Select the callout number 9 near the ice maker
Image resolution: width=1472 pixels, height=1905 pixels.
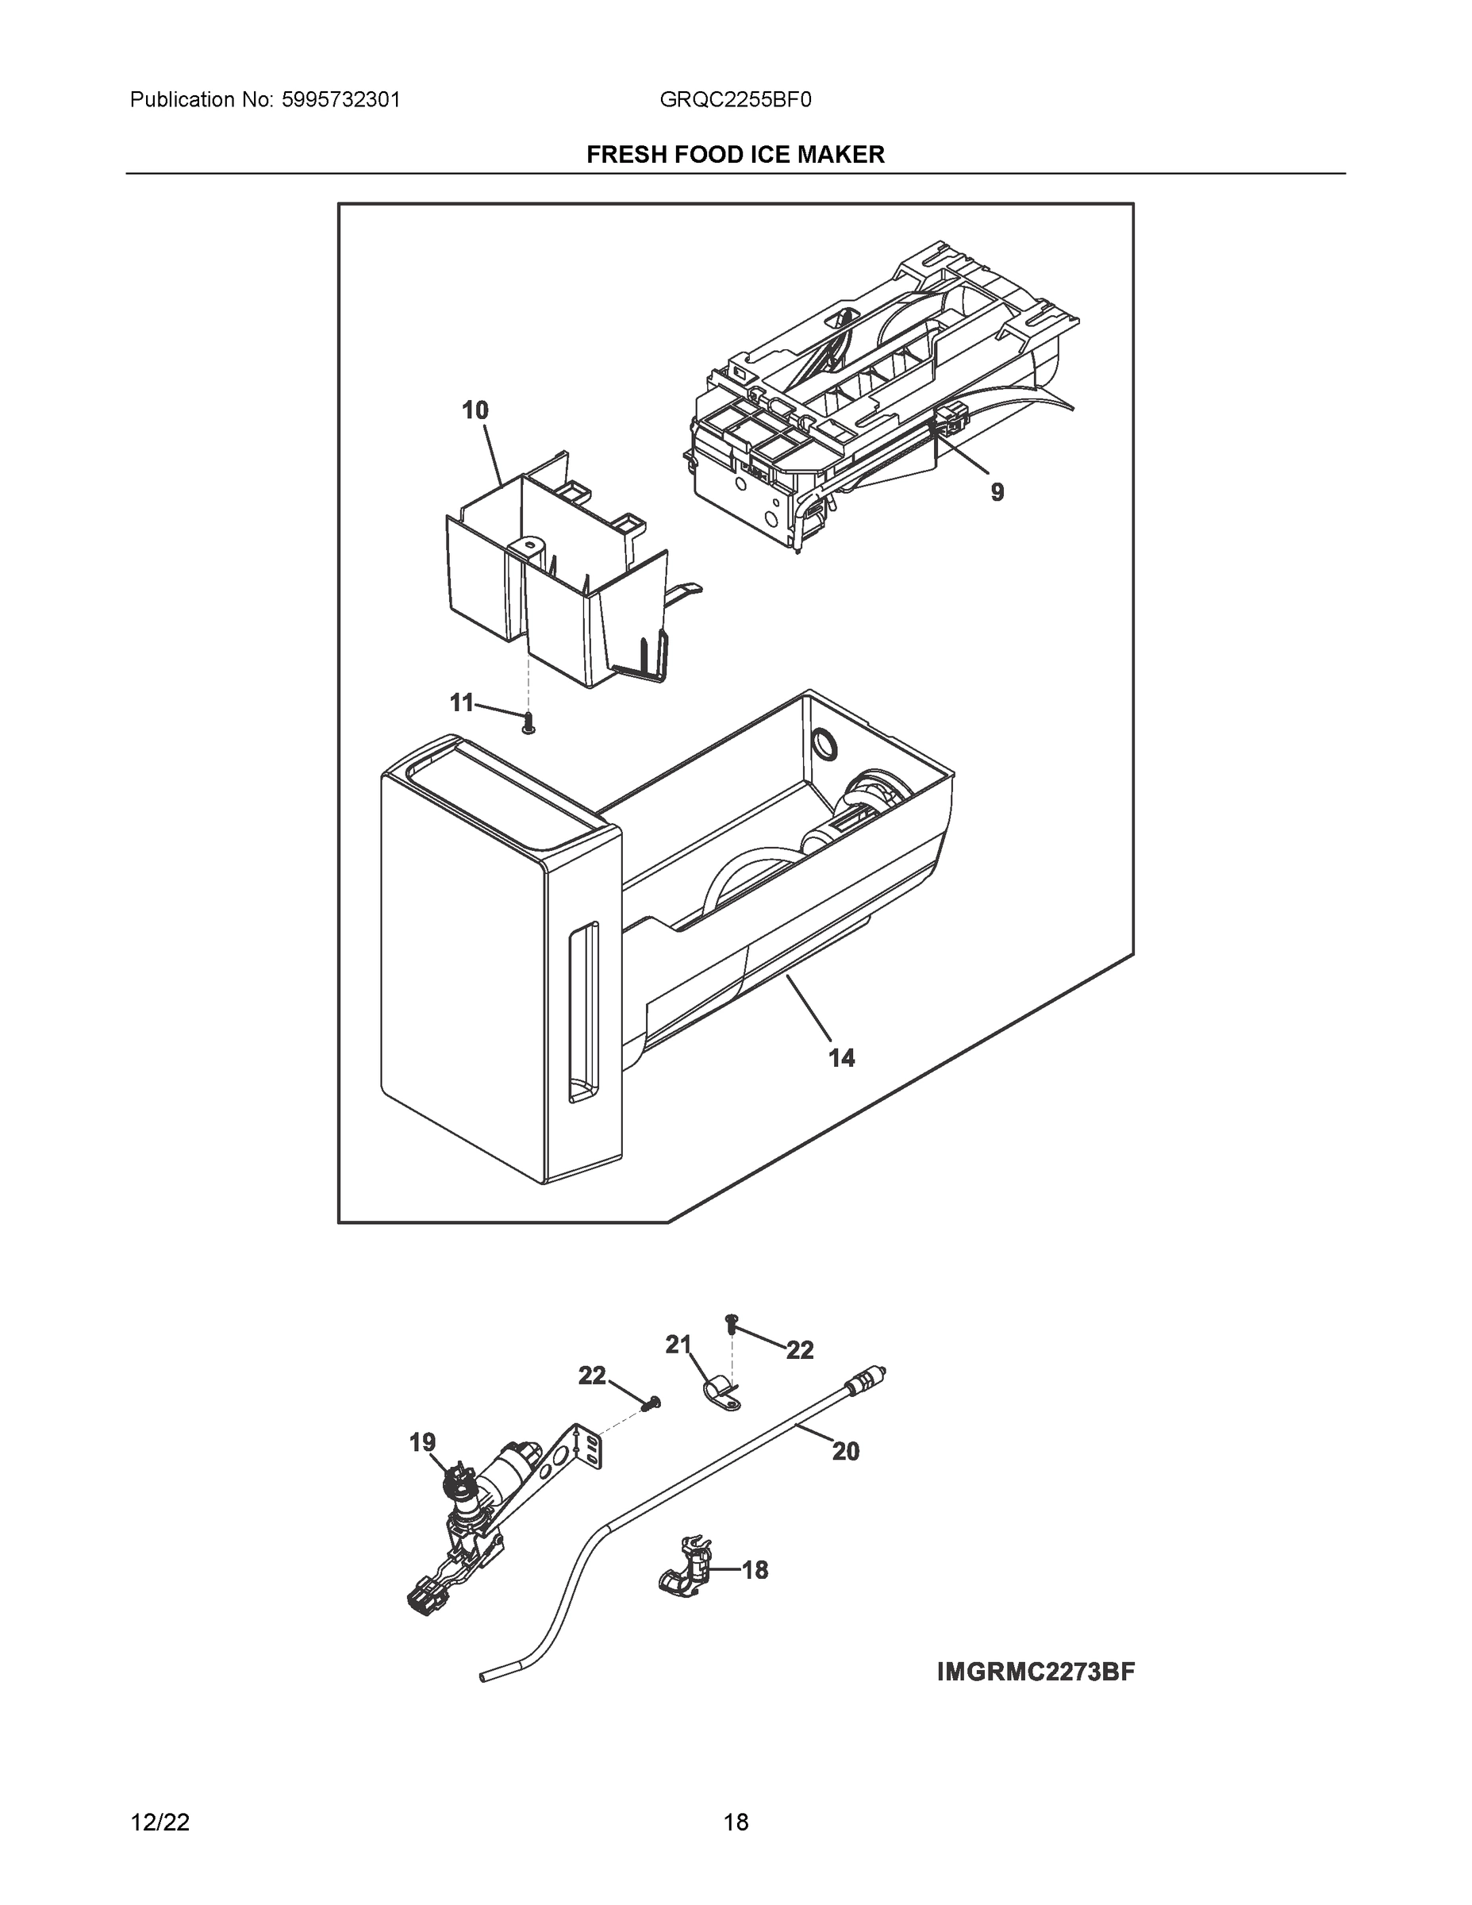point(997,493)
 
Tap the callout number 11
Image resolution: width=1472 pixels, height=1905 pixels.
point(461,702)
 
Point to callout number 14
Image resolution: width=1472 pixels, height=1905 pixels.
point(841,1058)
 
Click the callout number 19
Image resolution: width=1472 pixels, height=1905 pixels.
point(423,1443)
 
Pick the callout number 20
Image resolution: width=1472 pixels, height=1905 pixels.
point(845,1452)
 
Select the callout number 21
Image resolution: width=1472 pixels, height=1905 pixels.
point(678,1345)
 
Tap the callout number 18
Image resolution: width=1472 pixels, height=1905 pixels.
point(755,1570)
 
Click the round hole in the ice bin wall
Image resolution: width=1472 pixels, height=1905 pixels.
point(822,744)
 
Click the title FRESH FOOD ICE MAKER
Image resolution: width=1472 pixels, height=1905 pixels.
point(735,155)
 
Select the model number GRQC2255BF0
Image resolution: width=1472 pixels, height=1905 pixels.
point(735,100)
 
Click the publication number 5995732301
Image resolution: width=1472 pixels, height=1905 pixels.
point(340,100)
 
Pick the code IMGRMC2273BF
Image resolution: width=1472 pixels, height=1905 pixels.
point(1036,1672)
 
